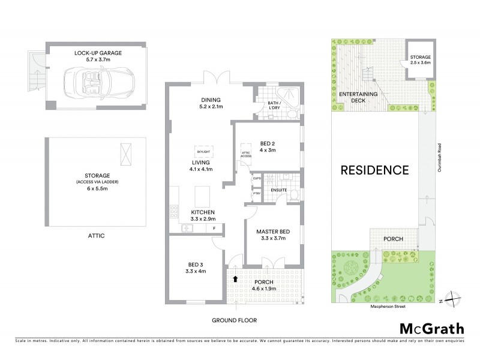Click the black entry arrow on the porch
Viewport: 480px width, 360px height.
pos(235,278)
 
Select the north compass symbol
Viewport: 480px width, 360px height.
pos(454,299)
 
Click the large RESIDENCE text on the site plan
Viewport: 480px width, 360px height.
pos(375,170)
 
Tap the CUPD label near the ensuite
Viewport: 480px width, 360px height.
pos(256,178)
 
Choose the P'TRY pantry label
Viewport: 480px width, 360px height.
pos(256,193)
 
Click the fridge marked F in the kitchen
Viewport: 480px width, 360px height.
pos(214,227)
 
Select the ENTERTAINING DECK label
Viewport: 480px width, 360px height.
pos(358,97)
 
